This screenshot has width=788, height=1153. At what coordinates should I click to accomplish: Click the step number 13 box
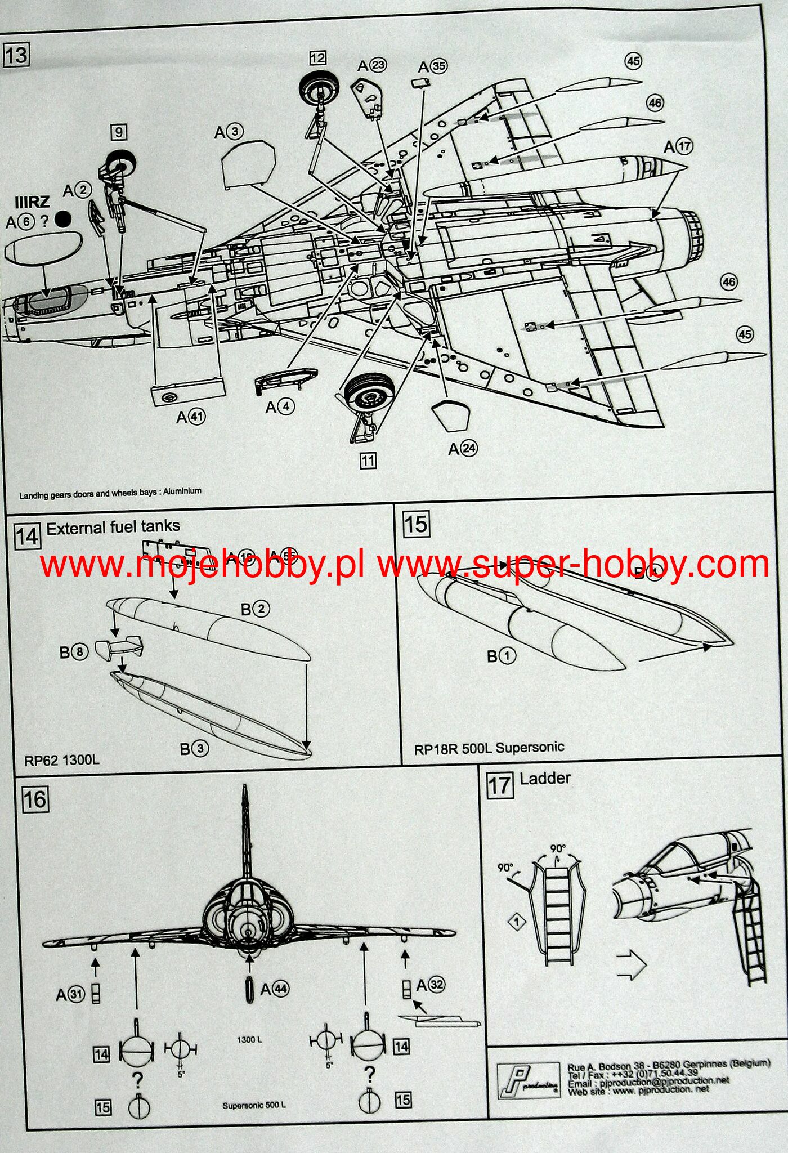(16, 56)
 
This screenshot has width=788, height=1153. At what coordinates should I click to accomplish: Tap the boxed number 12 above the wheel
(317, 58)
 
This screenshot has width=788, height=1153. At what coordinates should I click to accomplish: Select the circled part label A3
(229, 132)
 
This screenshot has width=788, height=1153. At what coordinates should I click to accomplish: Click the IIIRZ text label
(33, 202)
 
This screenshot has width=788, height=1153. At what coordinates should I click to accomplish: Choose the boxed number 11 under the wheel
(368, 461)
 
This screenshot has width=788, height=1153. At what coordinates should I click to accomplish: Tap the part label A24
(463, 448)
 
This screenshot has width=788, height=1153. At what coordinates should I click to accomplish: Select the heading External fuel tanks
(113, 527)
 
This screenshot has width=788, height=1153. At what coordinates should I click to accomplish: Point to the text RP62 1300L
(61, 760)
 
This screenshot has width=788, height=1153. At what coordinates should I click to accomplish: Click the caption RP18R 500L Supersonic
(489, 748)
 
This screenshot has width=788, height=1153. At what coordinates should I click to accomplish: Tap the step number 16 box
(35, 799)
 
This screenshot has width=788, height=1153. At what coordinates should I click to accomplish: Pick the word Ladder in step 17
(545, 779)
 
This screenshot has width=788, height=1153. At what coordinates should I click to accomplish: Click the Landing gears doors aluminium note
(110, 493)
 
